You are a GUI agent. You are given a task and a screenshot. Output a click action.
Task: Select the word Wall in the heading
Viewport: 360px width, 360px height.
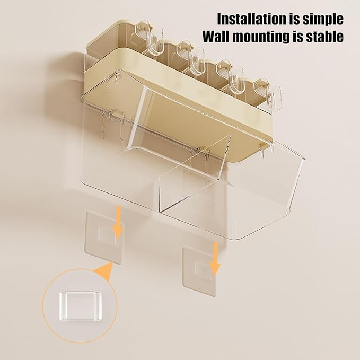218,36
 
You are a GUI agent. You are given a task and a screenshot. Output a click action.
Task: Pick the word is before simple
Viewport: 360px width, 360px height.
294,19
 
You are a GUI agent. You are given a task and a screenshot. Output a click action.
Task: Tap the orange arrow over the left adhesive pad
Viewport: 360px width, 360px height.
118,222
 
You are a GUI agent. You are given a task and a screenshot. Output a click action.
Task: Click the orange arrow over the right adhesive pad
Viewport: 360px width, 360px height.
215,258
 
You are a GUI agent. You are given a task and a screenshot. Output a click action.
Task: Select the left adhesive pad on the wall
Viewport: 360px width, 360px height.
105,238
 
